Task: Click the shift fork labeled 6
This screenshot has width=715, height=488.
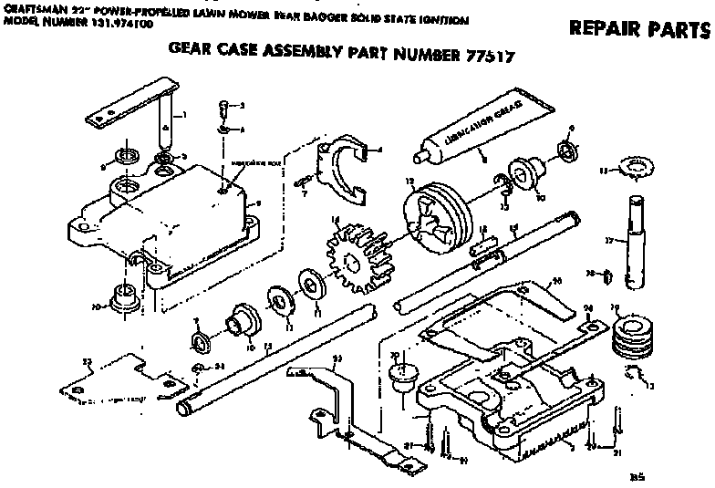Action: (x=347, y=168)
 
